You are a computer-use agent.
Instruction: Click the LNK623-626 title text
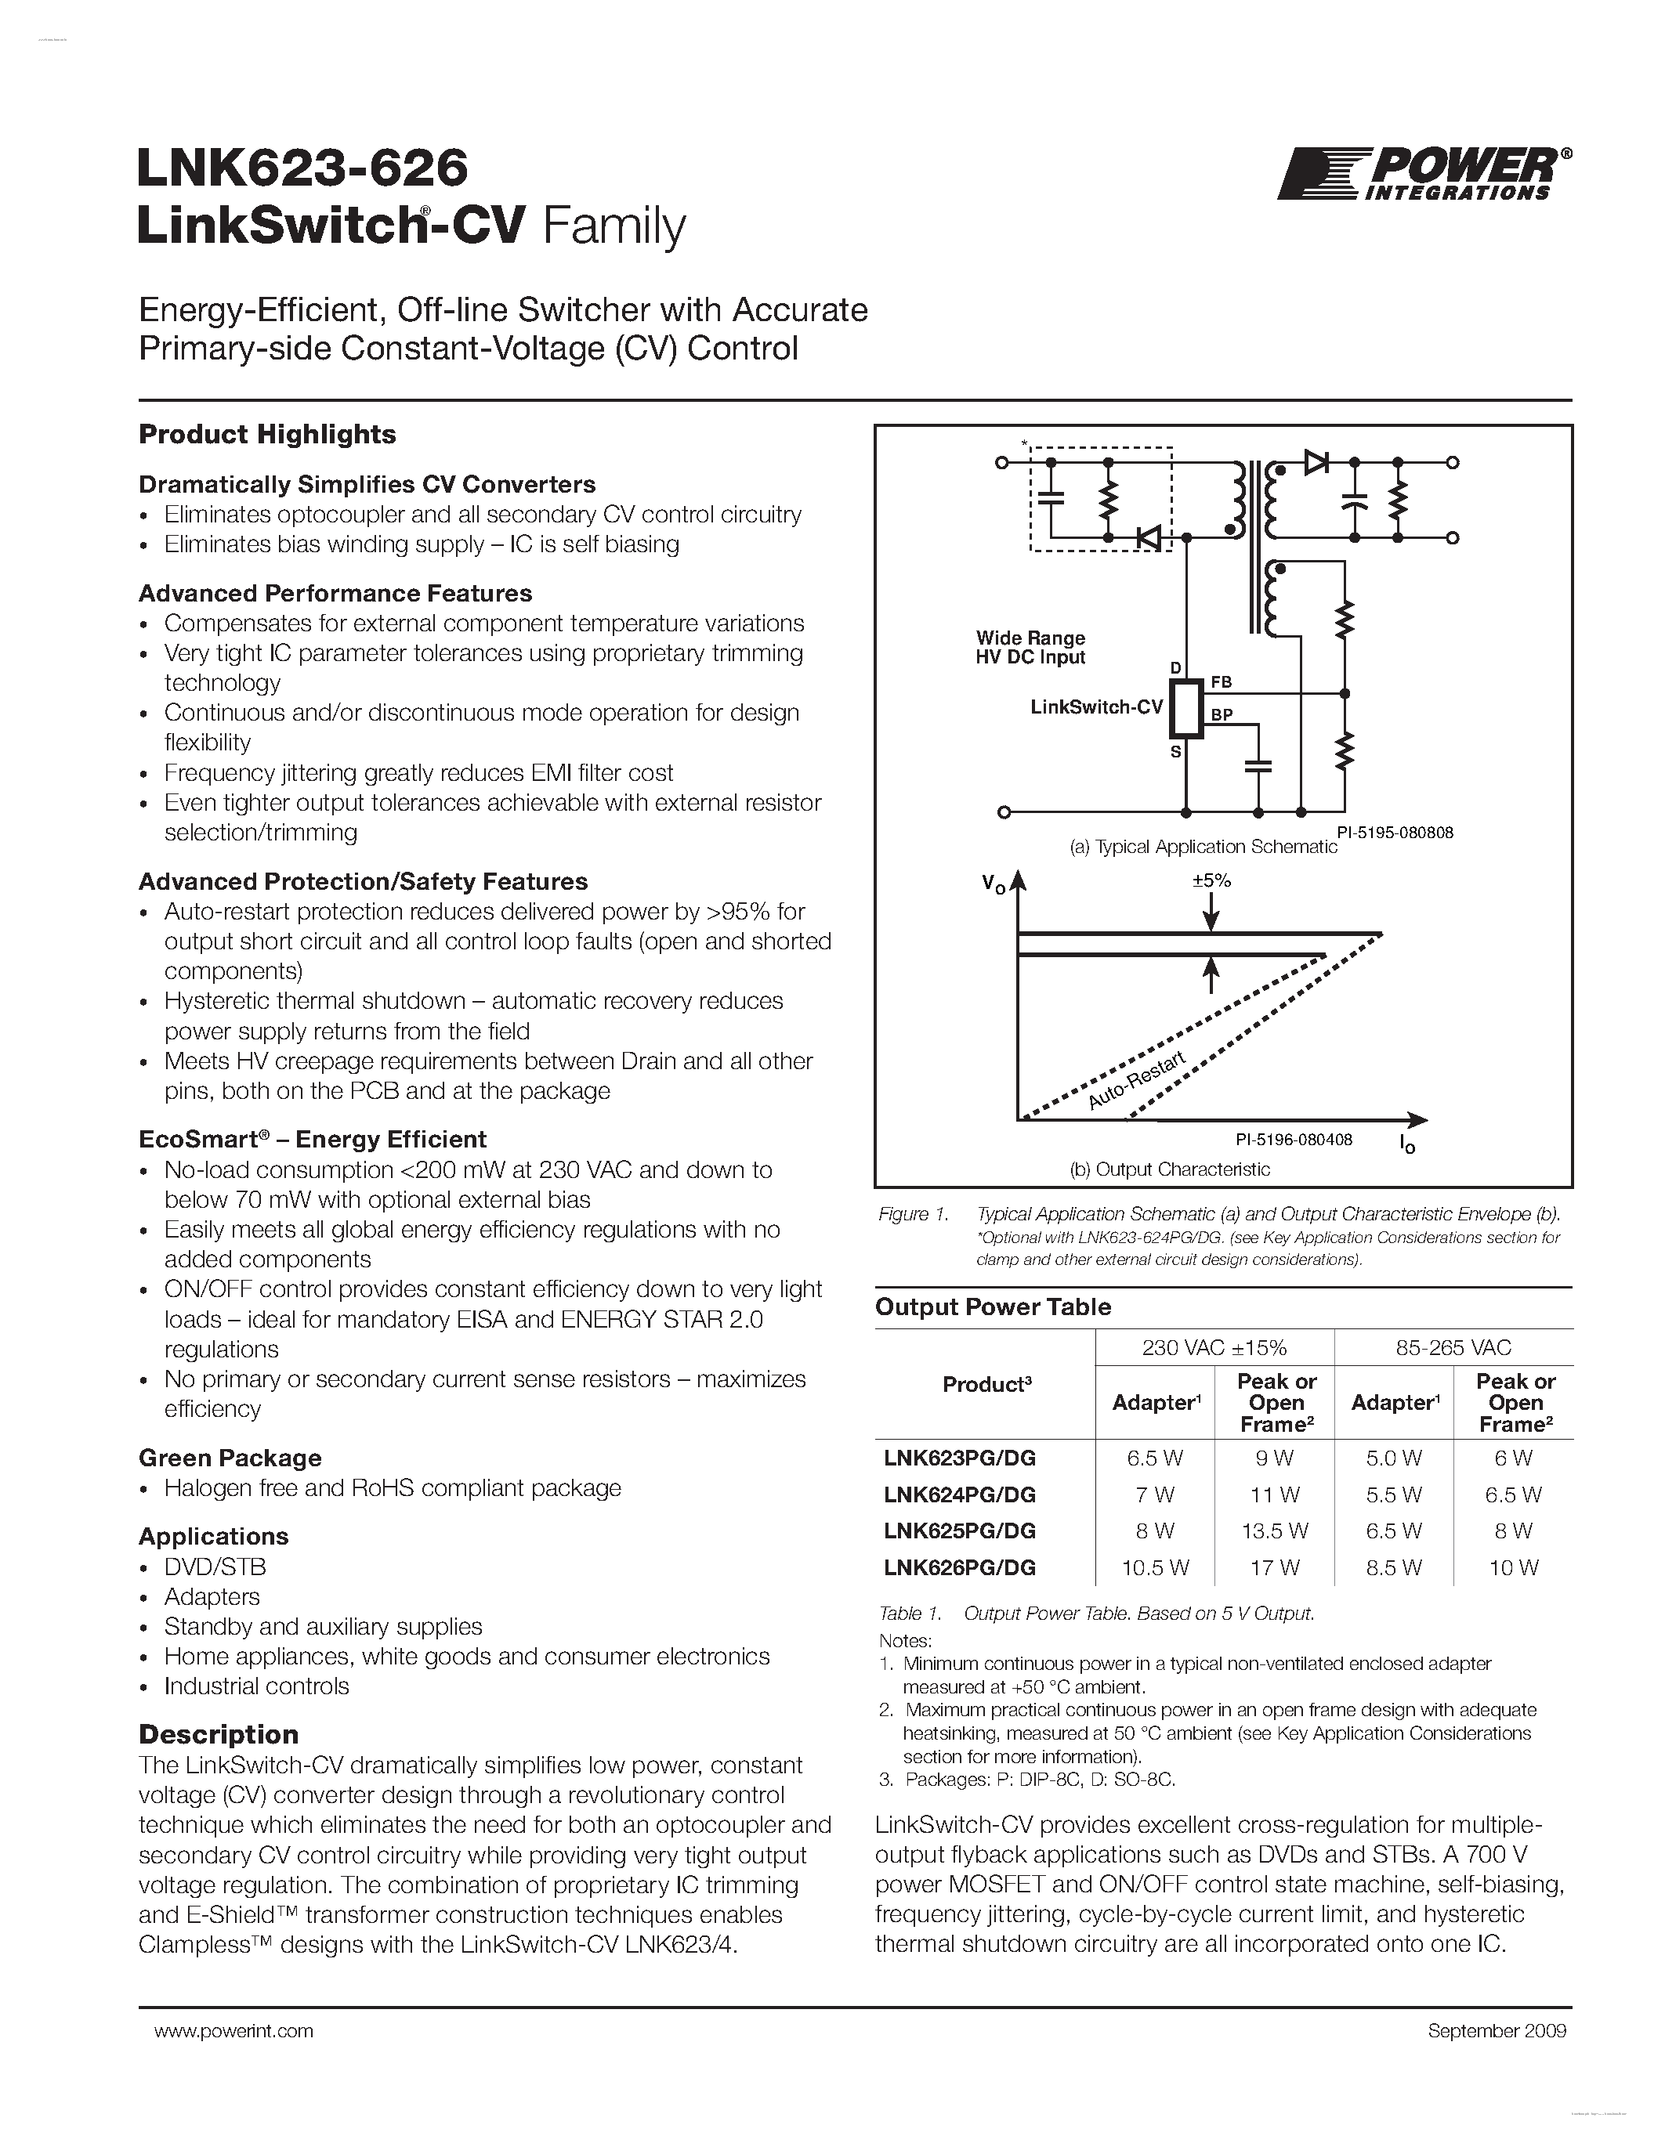coord(302,168)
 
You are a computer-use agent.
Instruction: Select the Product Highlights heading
coord(267,434)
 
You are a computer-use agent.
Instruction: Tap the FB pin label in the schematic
coord(1222,681)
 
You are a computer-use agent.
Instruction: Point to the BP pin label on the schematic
coord(1222,715)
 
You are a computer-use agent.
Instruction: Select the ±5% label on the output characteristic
coord(1211,880)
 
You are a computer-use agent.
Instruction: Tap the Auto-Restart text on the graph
coord(1135,1083)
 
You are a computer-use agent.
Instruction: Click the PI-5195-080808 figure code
coord(1395,833)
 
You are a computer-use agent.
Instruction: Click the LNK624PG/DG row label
coord(960,1494)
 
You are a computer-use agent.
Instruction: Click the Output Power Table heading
coord(992,1306)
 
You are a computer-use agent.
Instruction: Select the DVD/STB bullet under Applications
coord(215,1567)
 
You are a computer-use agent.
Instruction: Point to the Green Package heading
coord(230,1458)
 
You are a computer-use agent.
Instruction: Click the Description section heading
coord(218,1734)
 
